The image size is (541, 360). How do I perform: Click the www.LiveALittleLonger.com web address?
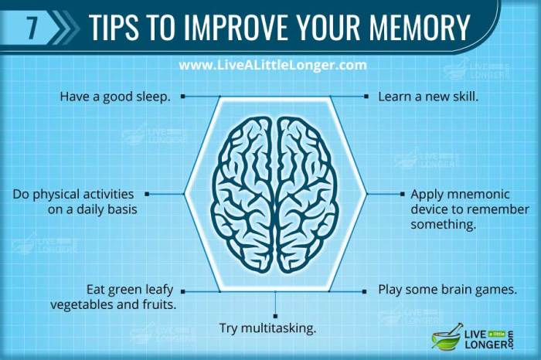click(272, 65)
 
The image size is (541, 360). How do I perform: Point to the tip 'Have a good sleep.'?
click(115, 97)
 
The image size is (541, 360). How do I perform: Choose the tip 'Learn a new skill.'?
click(428, 97)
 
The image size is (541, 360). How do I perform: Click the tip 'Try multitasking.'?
click(268, 328)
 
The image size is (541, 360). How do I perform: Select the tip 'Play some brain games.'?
click(447, 290)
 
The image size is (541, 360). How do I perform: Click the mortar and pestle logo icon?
click(446, 337)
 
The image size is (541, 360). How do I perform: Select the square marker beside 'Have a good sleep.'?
click(183, 97)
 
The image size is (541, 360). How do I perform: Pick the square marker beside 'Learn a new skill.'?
click(366, 97)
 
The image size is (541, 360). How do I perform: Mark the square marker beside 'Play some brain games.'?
click(365, 291)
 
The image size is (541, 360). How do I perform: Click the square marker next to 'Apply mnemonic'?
click(402, 194)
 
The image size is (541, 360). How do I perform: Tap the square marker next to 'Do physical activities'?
click(147, 194)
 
